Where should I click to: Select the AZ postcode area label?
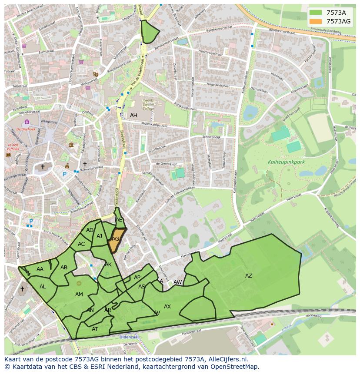click(248, 276)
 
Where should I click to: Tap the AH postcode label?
click(133, 116)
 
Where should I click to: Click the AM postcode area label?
click(79, 295)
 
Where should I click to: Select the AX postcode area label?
click(167, 307)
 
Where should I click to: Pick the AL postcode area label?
click(43, 287)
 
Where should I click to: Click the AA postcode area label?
click(40, 269)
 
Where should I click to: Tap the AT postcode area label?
click(95, 329)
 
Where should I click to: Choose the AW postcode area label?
click(177, 282)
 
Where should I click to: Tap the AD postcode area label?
click(90, 230)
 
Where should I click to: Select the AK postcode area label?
click(108, 265)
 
